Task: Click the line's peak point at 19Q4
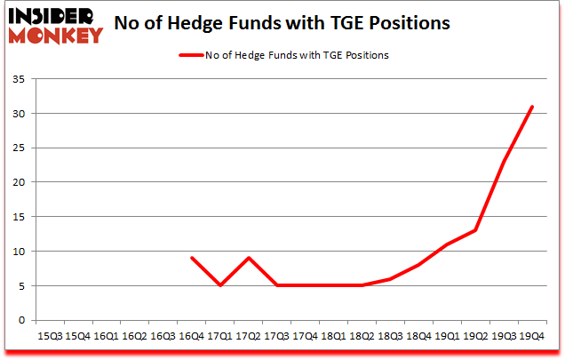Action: [x=531, y=107]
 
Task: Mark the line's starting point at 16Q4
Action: [x=191, y=258]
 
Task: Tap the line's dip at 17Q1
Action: [x=219, y=285]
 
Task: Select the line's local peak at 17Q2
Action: [x=248, y=258]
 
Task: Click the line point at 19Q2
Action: [x=475, y=230]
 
